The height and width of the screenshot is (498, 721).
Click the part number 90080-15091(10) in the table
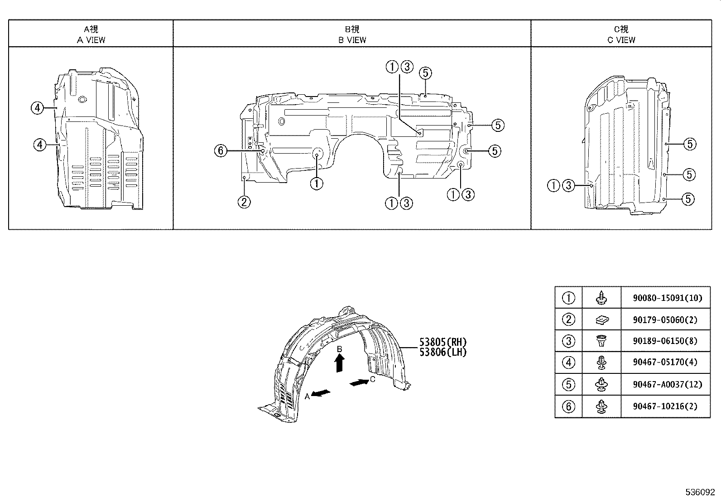(x=668, y=298)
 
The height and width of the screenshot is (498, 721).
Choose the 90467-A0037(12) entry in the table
(x=668, y=384)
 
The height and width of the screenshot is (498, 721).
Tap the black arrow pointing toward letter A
(x=321, y=393)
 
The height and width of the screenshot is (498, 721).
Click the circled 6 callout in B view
(x=220, y=150)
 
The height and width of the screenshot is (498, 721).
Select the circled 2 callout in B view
(x=244, y=202)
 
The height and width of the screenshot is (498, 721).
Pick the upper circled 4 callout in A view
(x=38, y=108)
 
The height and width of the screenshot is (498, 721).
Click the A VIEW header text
(x=91, y=40)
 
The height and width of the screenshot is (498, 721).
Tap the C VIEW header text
(x=621, y=40)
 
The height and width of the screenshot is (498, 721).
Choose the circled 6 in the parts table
(x=568, y=406)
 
